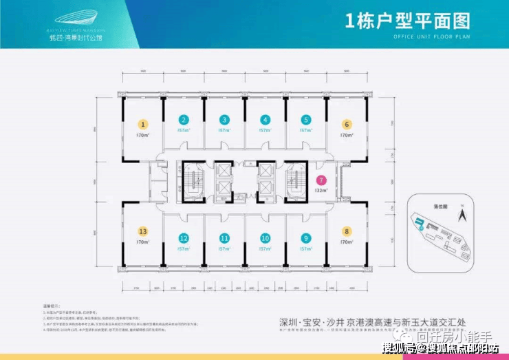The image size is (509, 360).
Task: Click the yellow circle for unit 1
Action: click(x=143, y=125)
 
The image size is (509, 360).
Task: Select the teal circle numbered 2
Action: click(x=184, y=118)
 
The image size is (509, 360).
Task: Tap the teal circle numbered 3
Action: click(x=225, y=118)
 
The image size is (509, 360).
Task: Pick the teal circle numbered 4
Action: click(x=266, y=118)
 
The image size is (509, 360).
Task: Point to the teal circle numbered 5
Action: click(x=306, y=118)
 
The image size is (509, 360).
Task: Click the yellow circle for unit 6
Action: click(x=347, y=125)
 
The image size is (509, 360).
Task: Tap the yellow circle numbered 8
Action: click(x=347, y=232)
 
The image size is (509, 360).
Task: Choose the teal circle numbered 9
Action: click(x=306, y=238)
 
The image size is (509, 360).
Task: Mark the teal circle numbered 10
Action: click(x=266, y=238)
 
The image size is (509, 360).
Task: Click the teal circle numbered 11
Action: click(x=225, y=238)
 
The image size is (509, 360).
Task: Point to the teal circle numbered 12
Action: click(x=184, y=238)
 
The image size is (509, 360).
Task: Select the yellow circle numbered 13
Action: click(x=143, y=231)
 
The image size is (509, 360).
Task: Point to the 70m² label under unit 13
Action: click(x=143, y=242)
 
